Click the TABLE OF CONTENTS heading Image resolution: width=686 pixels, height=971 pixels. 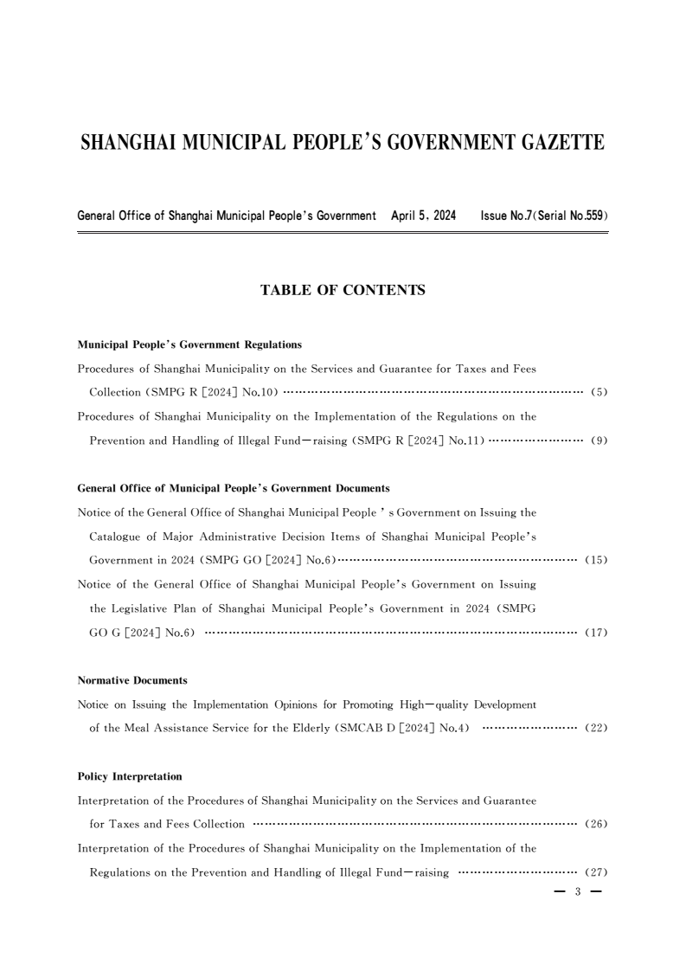click(343, 291)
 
